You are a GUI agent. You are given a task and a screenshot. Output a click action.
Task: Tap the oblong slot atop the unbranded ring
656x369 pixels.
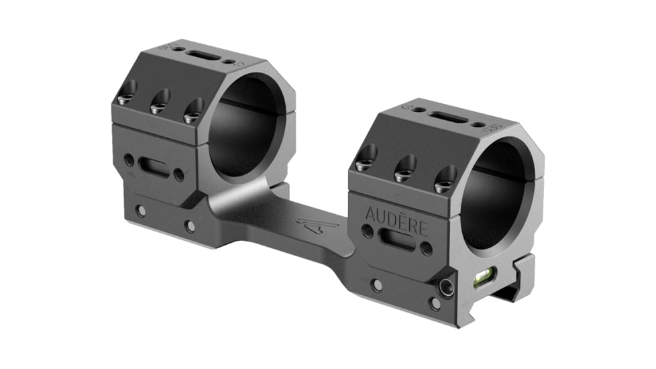click(206, 56)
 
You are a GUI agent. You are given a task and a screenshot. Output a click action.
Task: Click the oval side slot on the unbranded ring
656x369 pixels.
click(154, 168)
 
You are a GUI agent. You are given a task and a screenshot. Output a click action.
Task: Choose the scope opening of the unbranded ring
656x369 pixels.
click(246, 127)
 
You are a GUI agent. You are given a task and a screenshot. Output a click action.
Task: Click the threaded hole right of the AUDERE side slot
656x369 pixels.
click(427, 249)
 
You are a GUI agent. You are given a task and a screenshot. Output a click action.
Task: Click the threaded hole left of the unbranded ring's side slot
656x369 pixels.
click(128, 160)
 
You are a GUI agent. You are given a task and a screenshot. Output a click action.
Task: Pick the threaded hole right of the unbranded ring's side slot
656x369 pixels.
click(179, 175)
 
